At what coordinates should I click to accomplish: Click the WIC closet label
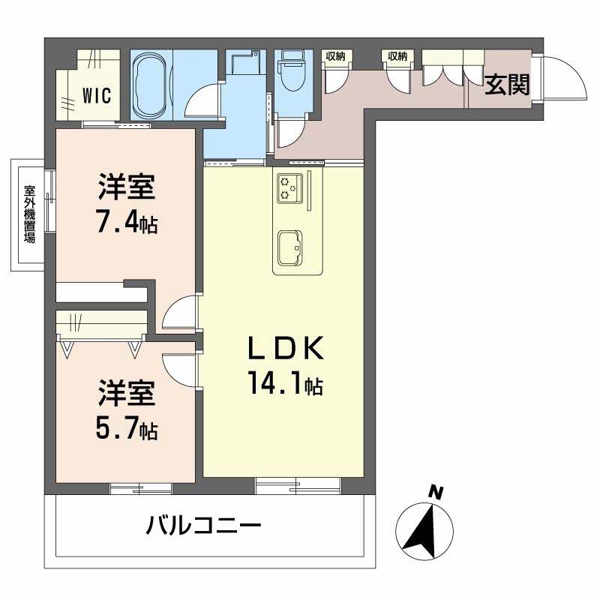pos(96,96)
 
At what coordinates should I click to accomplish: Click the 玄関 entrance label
pos(506,85)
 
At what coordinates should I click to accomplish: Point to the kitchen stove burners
pos(288,187)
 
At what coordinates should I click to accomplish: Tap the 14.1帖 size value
pos(286,385)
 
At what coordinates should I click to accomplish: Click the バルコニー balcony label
pos(203,524)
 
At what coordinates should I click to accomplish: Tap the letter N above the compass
pos(433,492)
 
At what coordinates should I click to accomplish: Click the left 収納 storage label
pos(334,56)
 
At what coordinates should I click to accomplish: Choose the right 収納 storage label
pos(397,56)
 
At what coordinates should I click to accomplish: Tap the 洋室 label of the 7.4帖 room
pos(127,187)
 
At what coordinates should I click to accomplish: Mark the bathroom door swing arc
pos(204,101)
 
